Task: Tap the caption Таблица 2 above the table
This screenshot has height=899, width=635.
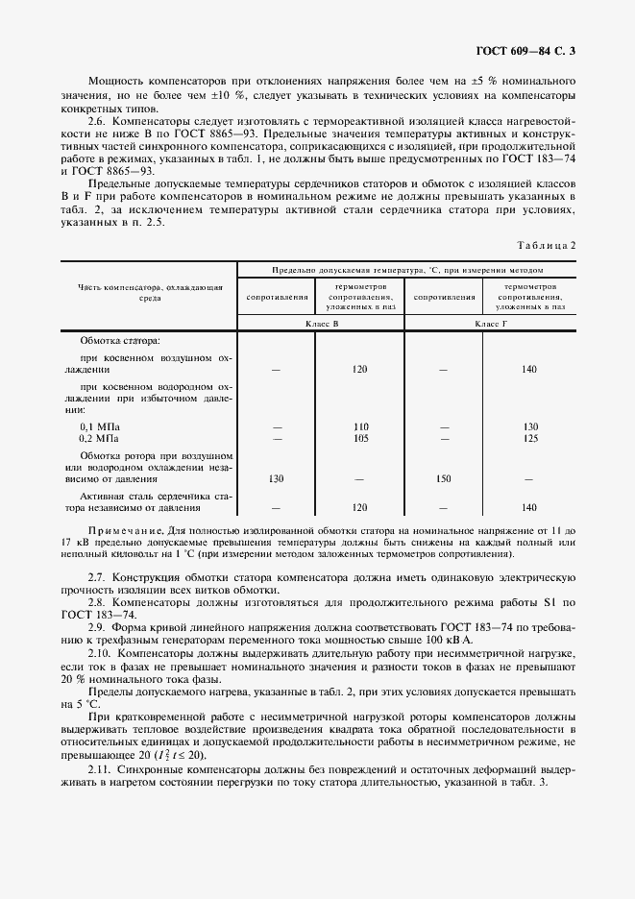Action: (x=548, y=245)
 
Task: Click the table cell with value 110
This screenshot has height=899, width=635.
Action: (x=360, y=426)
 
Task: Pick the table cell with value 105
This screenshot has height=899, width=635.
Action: (x=360, y=437)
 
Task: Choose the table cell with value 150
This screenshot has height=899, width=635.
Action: (x=444, y=477)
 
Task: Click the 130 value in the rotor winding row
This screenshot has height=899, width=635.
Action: (x=277, y=477)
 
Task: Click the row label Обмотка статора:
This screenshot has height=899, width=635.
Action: (x=120, y=341)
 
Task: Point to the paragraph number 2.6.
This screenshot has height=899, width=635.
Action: (x=97, y=123)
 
